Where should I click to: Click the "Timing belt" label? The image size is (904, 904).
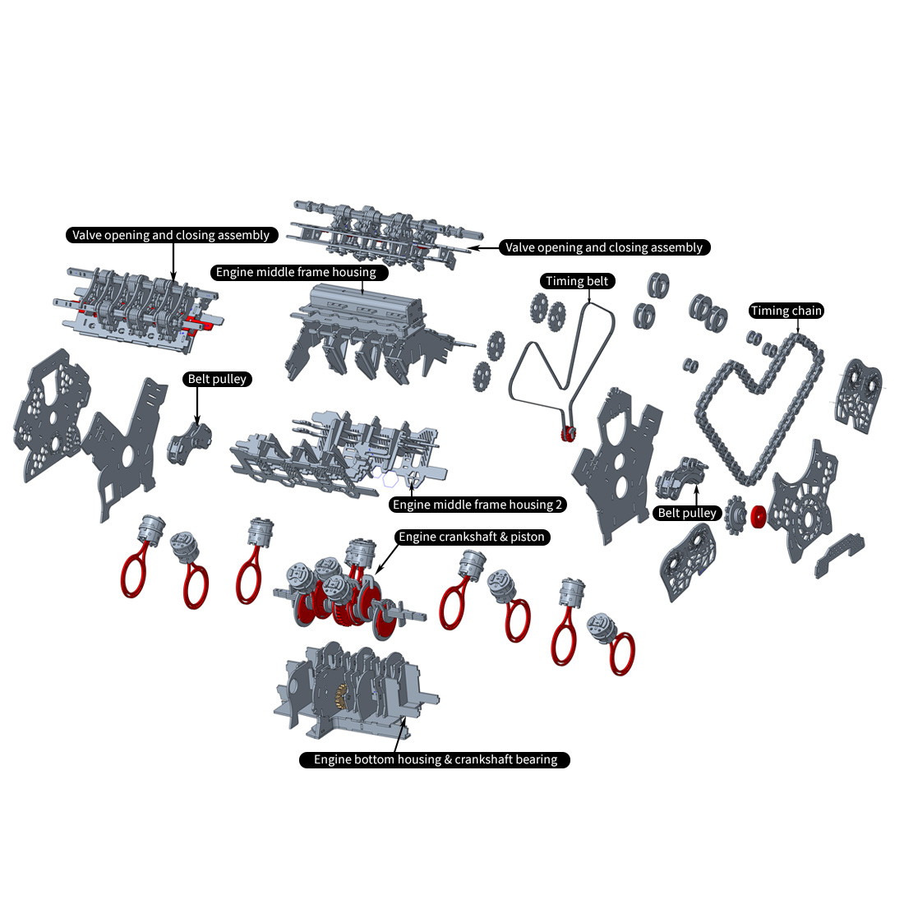click(x=577, y=281)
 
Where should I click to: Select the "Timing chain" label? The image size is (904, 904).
click(x=786, y=311)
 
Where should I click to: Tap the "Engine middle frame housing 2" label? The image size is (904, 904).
click(x=477, y=505)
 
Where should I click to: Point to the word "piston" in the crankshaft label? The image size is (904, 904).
click(x=528, y=537)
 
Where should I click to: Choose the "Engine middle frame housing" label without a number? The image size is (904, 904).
click(x=296, y=272)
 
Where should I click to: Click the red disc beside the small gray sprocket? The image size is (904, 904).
click(x=758, y=515)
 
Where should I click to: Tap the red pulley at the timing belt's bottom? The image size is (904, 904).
click(x=566, y=435)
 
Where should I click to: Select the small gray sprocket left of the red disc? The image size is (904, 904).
click(x=735, y=513)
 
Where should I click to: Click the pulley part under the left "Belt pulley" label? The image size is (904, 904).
click(x=188, y=441)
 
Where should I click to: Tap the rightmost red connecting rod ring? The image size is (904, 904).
click(x=622, y=653)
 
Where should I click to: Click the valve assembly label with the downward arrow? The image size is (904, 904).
click(x=171, y=235)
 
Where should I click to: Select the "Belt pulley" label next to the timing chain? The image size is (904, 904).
click(x=688, y=513)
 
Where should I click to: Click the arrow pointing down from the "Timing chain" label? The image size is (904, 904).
click(x=798, y=325)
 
